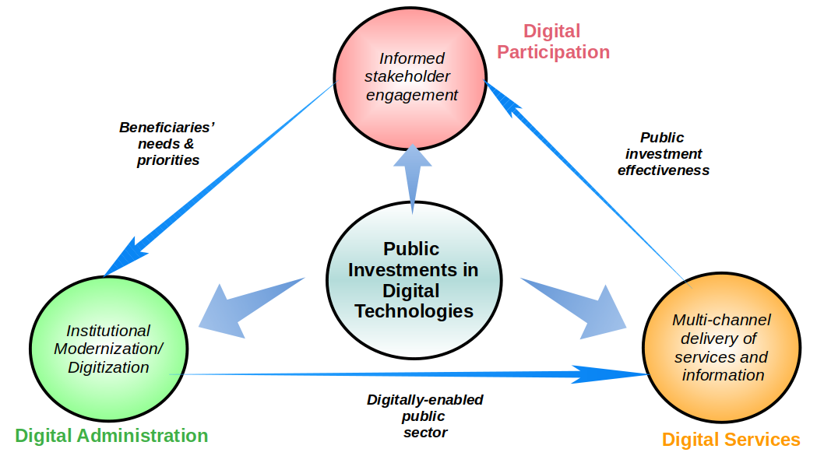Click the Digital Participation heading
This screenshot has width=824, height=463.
553,42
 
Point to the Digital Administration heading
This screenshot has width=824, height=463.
111,436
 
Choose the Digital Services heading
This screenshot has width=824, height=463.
731,440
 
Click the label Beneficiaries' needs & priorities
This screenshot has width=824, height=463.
167,143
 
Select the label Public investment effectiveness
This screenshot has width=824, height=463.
663,154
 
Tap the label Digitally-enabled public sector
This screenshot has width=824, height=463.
425,416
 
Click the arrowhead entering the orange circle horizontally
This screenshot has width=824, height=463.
615,374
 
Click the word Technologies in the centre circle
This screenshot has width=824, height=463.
414,311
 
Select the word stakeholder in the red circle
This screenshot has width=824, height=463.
407,76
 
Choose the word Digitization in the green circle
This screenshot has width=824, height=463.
108,367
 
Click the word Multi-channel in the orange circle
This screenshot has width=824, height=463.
721,319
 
